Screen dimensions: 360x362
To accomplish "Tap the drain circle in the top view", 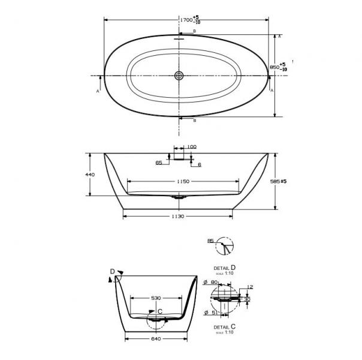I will point(179,76).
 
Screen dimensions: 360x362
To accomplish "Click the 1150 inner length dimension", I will point(183,181).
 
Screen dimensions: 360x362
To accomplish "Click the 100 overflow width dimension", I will point(192,147).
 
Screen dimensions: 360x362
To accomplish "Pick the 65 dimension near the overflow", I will point(159,163).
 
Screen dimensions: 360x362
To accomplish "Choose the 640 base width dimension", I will point(156,338).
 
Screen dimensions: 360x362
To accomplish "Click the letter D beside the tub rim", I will point(111,272).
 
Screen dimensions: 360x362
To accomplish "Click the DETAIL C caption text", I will point(225,327).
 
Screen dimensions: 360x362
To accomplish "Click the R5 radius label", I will point(210,241).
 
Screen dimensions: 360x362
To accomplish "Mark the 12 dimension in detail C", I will point(249,287).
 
